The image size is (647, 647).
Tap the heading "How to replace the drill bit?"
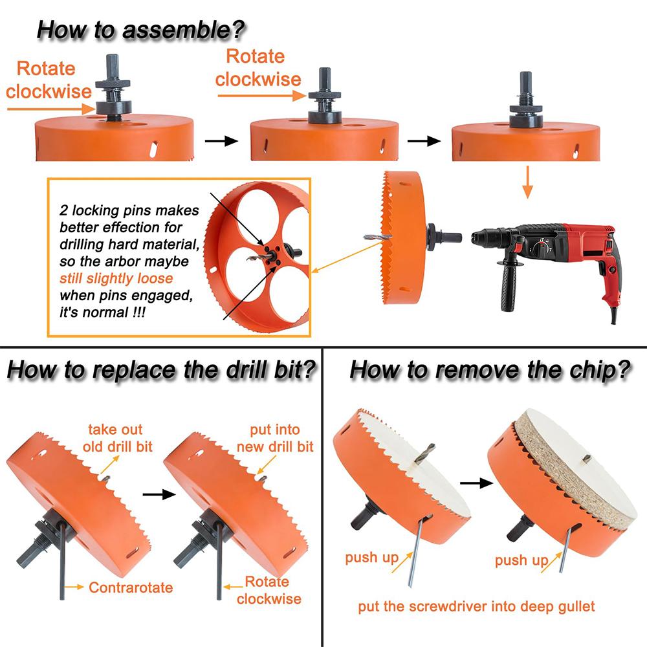tap(161, 371)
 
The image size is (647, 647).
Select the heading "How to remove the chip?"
tap(490, 371)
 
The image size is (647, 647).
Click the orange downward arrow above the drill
tap(527, 182)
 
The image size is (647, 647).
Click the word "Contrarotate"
tap(131, 587)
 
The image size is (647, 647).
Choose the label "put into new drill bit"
tap(275, 438)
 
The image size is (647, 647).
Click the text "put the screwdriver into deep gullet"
tap(476, 607)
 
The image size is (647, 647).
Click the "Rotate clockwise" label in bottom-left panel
tap(269, 589)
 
